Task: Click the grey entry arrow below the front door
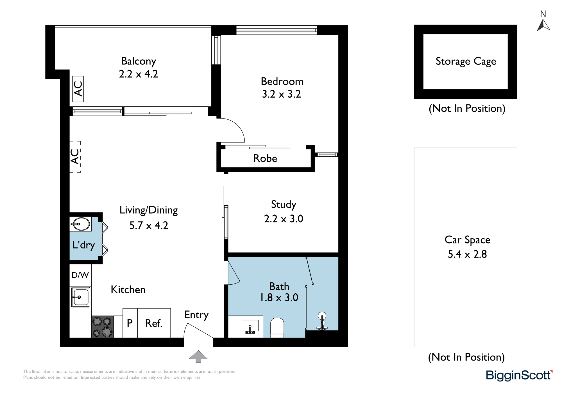point(198,356)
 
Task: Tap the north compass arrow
point(543,25)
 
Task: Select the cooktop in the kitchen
point(103,327)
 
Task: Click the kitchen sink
point(81,297)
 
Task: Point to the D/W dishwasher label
point(80,275)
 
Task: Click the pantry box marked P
point(130,323)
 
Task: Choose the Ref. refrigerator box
point(154,323)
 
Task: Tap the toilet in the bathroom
point(277,328)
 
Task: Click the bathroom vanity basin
point(250,327)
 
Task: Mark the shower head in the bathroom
point(322,316)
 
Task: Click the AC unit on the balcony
point(78,89)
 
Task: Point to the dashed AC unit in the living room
point(75,157)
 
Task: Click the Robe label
point(265,158)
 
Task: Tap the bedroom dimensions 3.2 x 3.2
point(282,94)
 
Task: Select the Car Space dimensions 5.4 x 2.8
point(467,254)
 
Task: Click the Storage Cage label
point(466,61)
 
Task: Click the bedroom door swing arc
point(237,126)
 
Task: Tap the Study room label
point(284,205)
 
